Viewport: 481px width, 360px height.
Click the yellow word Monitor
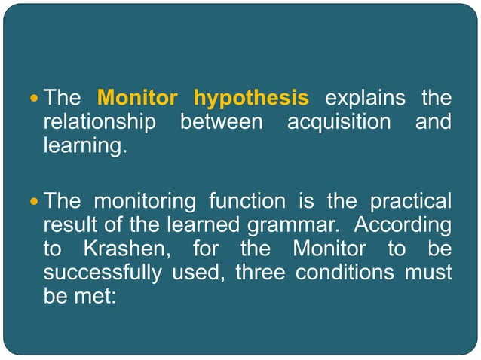138,99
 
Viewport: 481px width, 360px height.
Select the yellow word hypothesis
251,99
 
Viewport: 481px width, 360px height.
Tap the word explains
363,99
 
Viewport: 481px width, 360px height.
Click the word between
225,122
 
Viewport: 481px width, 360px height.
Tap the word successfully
102,272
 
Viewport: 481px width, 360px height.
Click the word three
260,272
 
